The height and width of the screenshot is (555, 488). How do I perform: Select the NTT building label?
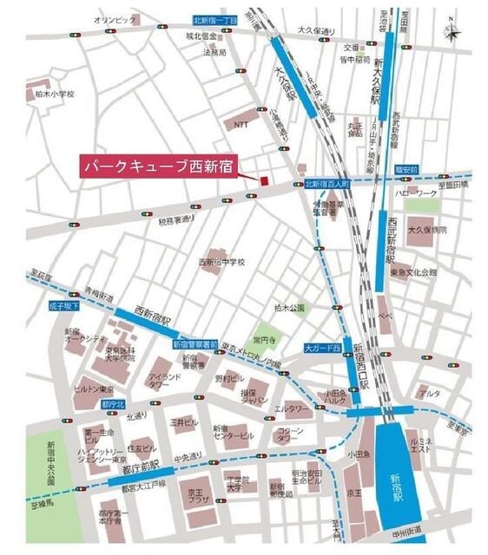[241, 124]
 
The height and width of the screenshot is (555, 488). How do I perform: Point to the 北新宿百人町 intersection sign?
[326, 185]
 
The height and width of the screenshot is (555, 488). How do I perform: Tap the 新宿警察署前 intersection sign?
[195, 344]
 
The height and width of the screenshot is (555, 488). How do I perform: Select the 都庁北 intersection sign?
[114, 404]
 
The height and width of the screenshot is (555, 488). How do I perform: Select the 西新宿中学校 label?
[222, 261]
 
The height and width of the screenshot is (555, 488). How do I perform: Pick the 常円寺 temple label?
[263, 330]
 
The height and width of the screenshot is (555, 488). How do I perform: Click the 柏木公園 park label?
[289, 308]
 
